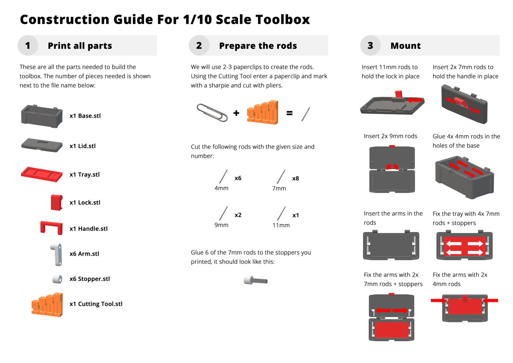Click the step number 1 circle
pyautogui.click(x=28, y=45)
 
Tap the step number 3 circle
pyautogui.click(x=370, y=45)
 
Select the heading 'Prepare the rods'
pyautogui.click(x=258, y=46)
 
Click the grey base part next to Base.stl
pyautogui.click(x=42, y=116)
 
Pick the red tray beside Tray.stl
pyautogui.click(x=41, y=174)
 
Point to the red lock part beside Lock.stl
pyautogui.click(x=56, y=202)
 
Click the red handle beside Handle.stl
pyautogui.click(x=51, y=228)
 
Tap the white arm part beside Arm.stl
pyautogui.click(x=56, y=255)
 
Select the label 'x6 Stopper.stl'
pyautogui.click(x=89, y=279)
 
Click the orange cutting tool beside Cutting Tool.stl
pyautogui.click(x=47, y=305)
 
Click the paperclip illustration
pyautogui.click(x=212, y=113)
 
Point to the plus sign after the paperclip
pyautogui.click(x=236, y=113)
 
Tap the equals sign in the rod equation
pyautogui.click(x=289, y=113)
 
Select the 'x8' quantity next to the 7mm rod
pyautogui.click(x=295, y=179)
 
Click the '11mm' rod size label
pyautogui.click(x=281, y=225)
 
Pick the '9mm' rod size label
pyautogui.click(x=221, y=225)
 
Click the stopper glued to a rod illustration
pyautogui.click(x=256, y=280)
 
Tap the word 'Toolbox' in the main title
pyautogui.click(x=283, y=19)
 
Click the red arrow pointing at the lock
pyautogui.click(x=415, y=100)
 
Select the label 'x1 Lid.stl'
pyautogui.click(x=83, y=146)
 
